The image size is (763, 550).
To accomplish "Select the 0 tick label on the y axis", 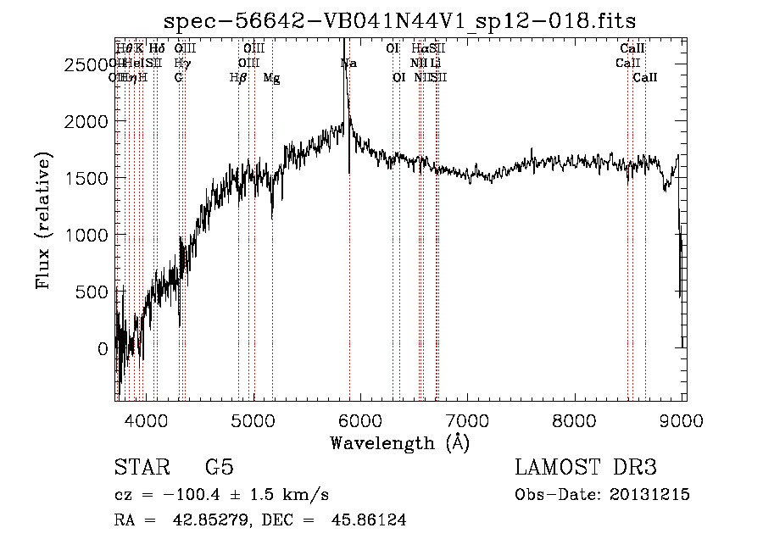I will click(x=103, y=348).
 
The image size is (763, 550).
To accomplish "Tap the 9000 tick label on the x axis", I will click(x=683, y=419).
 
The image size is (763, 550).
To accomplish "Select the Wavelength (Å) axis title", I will click(x=399, y=442).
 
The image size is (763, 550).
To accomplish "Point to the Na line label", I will click(x=348, y=64).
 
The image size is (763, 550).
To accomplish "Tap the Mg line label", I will click(x=272, y=78).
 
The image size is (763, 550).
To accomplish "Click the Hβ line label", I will click(x=238, y=78).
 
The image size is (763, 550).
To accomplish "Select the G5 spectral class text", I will click(x=220, y=468).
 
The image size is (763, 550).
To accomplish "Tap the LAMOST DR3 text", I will click(x=586, y=468).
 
